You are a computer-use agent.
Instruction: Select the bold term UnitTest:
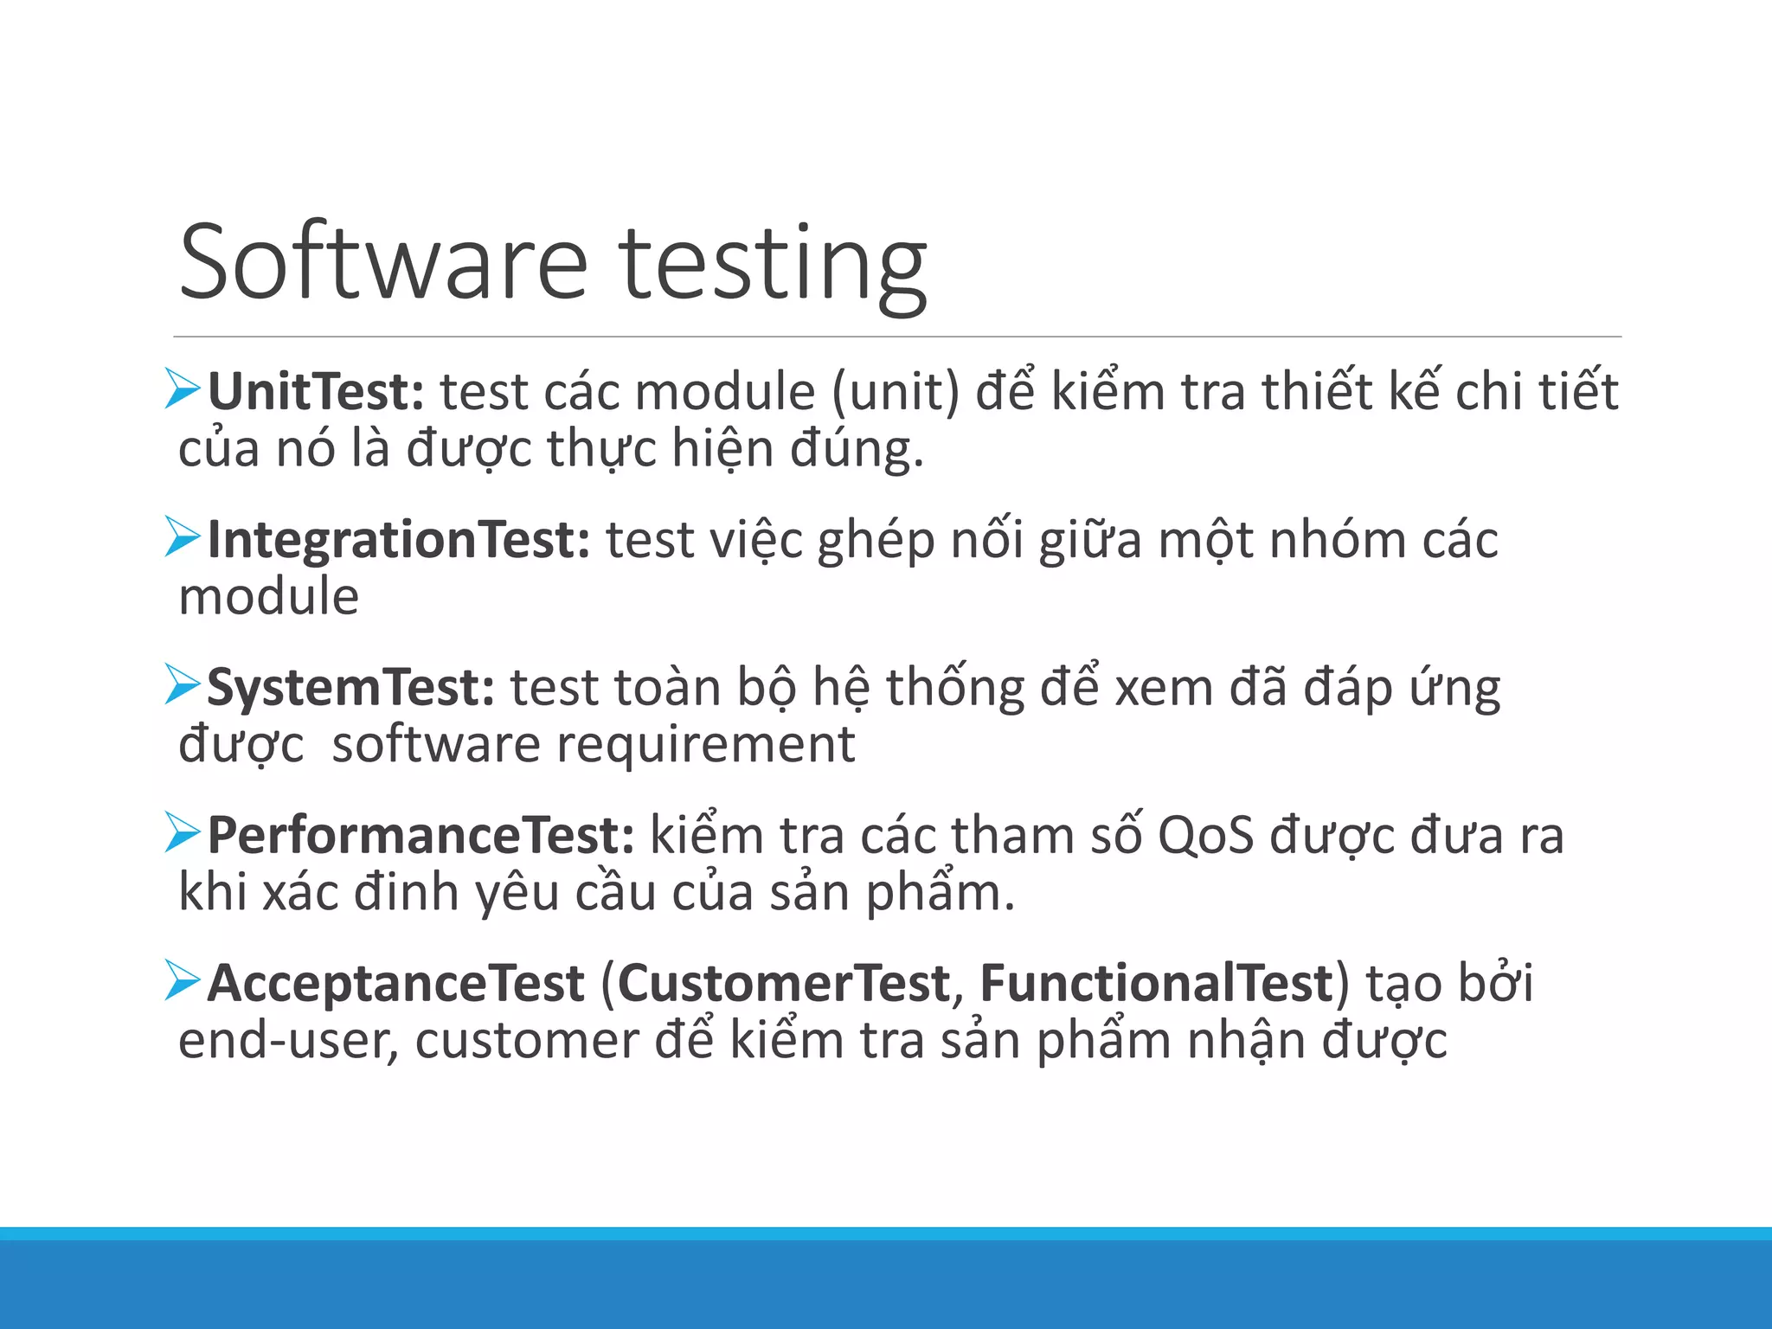click(x=316, y=392)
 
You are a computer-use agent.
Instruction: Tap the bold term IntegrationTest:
click(x=399, y=540)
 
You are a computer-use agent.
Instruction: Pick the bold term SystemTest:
click(x=350, y=688)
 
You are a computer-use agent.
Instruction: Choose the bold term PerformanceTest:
click(x=421, y=836)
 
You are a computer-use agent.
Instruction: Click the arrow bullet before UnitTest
click(x=182, y=389)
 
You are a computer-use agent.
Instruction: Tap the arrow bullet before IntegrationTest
click(x=182, y=537)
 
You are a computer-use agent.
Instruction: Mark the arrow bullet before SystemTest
click(x=182, y=685)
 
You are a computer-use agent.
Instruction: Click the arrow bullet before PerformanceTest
click(x=182, y=833)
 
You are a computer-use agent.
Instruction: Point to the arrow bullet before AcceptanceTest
click(x=182, y=981)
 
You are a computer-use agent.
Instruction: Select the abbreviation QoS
click(x=1205, y=837)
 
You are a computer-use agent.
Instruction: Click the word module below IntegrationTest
click(x=268, y=597)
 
